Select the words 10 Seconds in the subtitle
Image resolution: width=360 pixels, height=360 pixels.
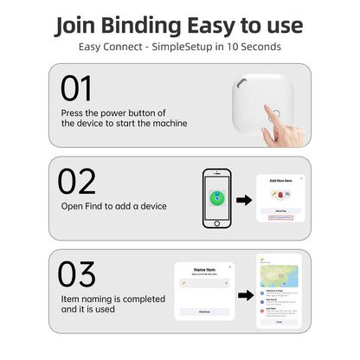(x=254, y=46)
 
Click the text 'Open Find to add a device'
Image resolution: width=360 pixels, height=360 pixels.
(x=113, y=206)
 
